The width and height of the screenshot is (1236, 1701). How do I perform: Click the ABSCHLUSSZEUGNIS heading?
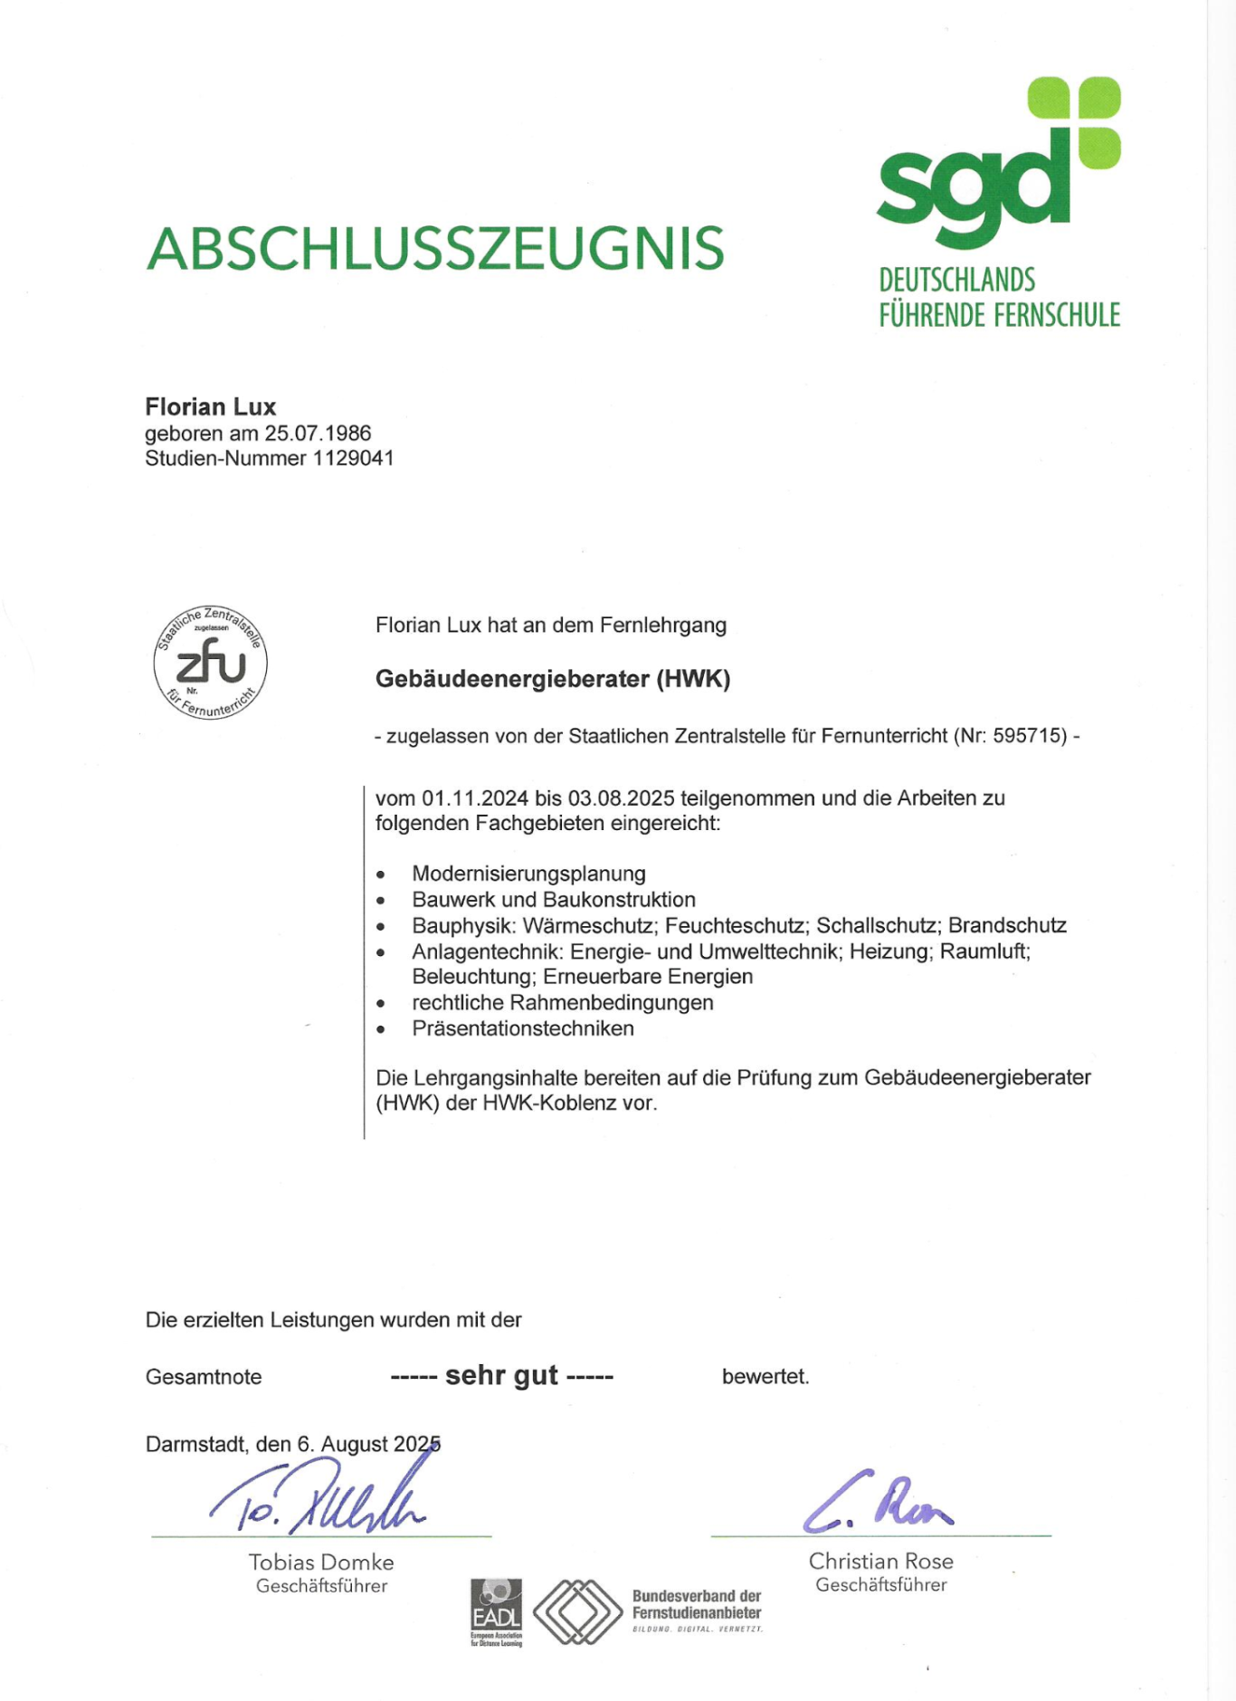(x=435, y=249)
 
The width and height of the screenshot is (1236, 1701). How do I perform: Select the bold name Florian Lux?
(x=211, y=406)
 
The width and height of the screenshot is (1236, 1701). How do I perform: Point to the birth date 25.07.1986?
(x=318, y=434)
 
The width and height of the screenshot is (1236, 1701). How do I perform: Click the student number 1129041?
(x=354, y=458)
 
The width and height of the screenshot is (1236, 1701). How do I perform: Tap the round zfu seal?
(x=211, y=663)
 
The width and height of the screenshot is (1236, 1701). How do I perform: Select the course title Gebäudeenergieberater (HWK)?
(x=553, y=679)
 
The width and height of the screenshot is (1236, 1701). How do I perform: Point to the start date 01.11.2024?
(x=475, y=798)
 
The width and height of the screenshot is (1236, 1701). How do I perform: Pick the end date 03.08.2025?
(x=621, y=798)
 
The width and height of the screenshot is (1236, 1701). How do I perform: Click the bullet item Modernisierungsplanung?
(x=528, y=874)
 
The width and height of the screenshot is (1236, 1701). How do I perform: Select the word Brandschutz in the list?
(x=1007, y=925)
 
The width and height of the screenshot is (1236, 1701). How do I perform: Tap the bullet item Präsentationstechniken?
(x=523, y=1028)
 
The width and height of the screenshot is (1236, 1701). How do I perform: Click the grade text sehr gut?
(x=502, y=1376)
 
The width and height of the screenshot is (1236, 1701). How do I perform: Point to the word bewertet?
(x=765, y=1377)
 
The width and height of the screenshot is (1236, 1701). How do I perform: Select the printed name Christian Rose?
(x=880, y=1562)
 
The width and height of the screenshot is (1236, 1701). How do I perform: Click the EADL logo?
(x=496, y=1611)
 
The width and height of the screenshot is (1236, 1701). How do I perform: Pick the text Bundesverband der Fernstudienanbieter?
(x=697, y=1604)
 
